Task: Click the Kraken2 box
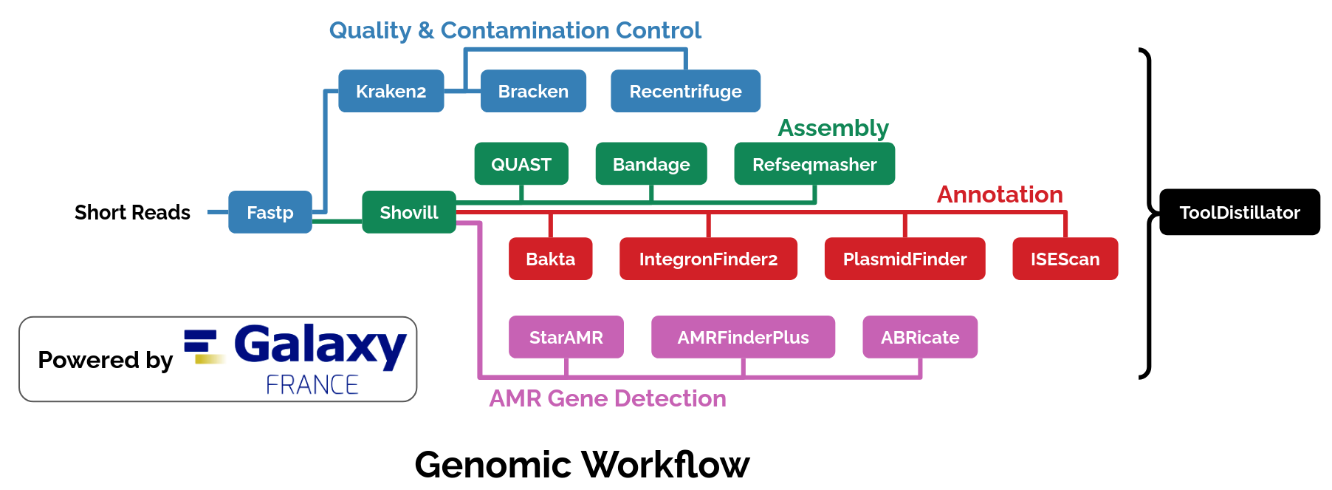pos(391,91)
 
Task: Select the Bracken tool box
pos(533,91)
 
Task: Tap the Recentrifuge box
pos(685,91)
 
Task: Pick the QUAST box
pos(521,164)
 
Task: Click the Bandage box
pos(651,164)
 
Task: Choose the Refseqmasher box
pos(814,164)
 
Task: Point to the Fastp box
pos(270,212)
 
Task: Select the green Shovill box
pos(408,212)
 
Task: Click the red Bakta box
pos(550,259)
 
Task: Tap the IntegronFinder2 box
pos(708,259)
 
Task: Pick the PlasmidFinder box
pos(904,259)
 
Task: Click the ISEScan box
pos(1065,259)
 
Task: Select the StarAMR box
pos(566,337)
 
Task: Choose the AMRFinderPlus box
pos(743,337)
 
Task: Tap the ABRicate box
pos(920,337)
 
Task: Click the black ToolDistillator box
pos(1240,212)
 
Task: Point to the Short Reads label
pos(132,213)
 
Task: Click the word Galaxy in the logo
pos(320,346)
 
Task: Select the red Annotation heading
pos(1000,194)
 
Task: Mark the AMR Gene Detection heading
pos(607,398)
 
